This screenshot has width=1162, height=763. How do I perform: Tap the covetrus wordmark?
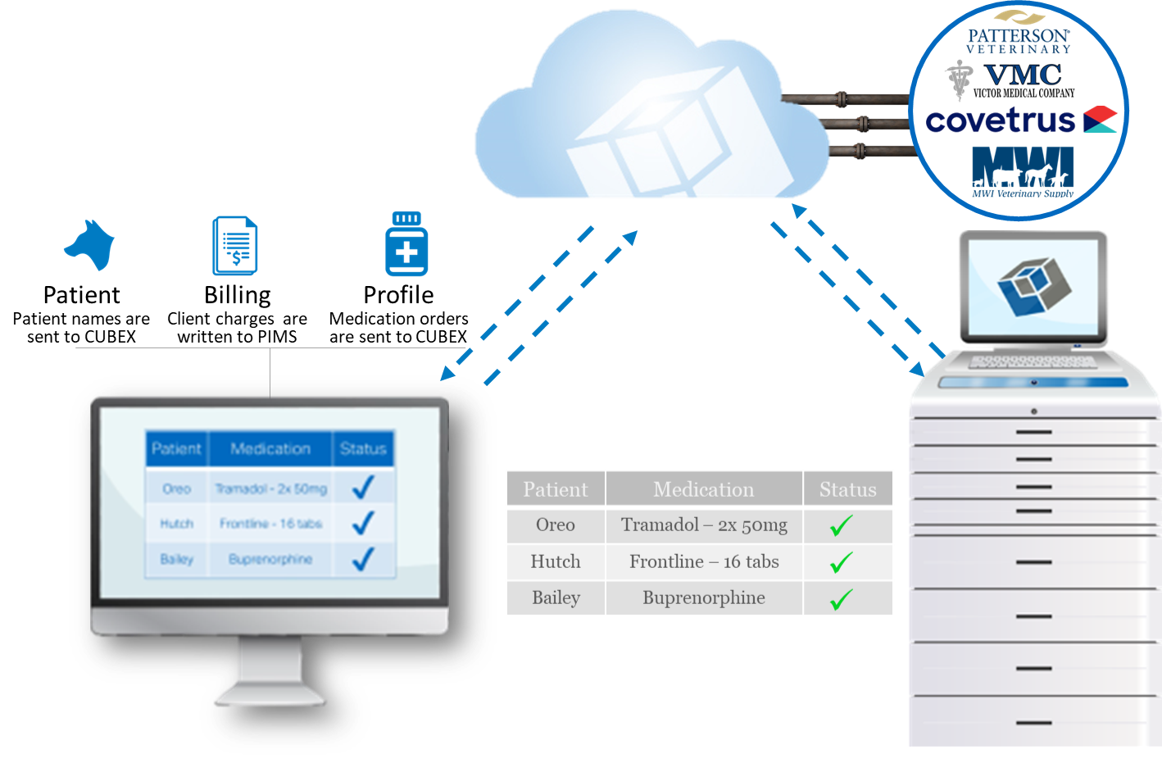pyautogui.click(x=1001, y=121)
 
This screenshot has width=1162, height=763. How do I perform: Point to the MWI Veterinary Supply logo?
pyautogui.click(x=1023, y=171)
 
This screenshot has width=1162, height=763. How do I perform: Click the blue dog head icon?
pyautogui.click(x=89, y=244)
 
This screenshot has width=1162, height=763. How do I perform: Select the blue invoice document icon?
pyautogui.click(x=235, y=246)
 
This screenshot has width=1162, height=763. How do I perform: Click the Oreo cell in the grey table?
pyautogui.click(x=556, y=525)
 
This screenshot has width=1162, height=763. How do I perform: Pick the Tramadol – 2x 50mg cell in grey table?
pyautogui.click(x=704, y=525)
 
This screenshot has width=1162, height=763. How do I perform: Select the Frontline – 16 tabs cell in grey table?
pyautogui.click(x=704, y=562)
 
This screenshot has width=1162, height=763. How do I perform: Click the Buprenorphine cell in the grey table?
pyautogui.click(x=704, y=598)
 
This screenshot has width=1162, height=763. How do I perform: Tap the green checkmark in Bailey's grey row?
pyautogui.click(x=842, y=599)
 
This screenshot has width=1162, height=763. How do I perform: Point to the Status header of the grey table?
pyautogui.click(x=847, y=489)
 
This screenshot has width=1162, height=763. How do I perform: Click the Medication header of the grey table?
pyautogui.click(x=704, y=489)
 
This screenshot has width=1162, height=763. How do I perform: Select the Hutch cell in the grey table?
pyautogui.click(x=556, y=562)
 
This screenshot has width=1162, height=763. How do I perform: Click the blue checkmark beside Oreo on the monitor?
pyautogui.click(x=362, y=488)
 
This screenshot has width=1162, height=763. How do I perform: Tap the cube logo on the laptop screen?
pyautogui.click(x=1034, y=286)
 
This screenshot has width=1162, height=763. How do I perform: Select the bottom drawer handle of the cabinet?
pyautogui.click(x=1033, y=723)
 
